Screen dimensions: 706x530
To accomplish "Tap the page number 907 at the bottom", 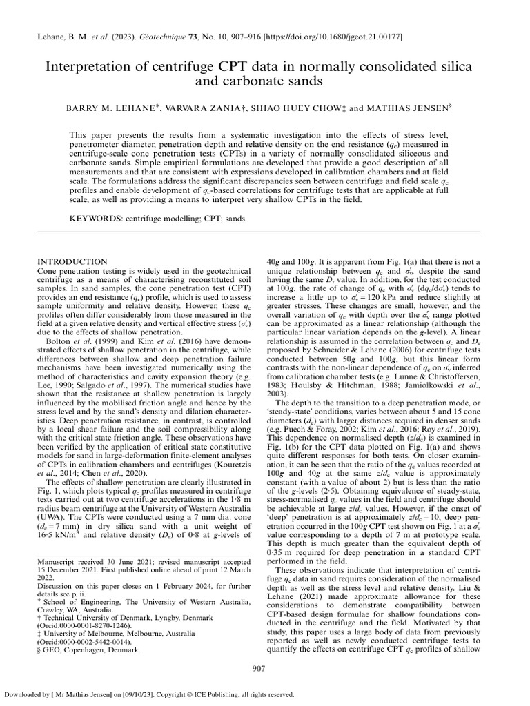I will click(x=264, y=668).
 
